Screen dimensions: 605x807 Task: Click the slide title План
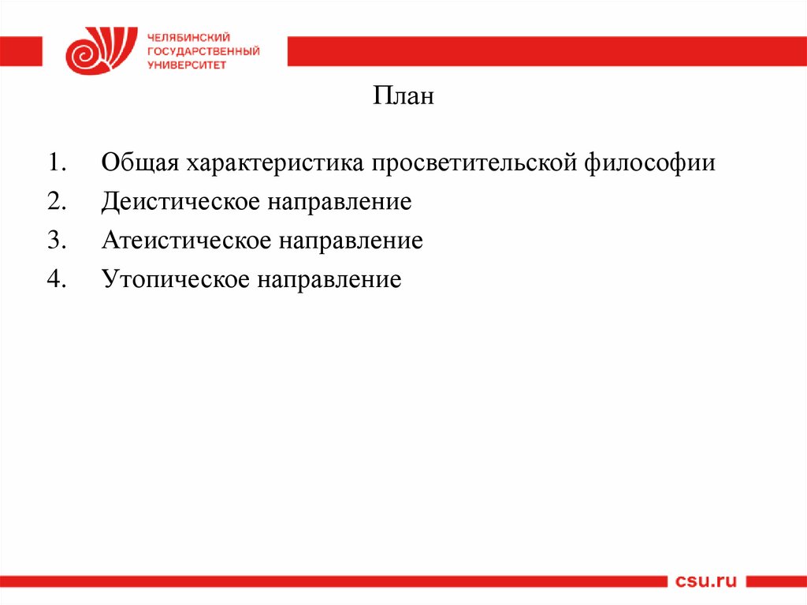(403, 98)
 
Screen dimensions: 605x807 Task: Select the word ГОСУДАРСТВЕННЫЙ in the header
(203, 51)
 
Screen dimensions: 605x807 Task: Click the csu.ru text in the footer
(706, 582)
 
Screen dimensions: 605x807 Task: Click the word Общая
(139, 164)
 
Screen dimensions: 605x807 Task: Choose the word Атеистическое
(184, 241)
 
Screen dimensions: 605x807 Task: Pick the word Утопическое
(173, 279)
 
